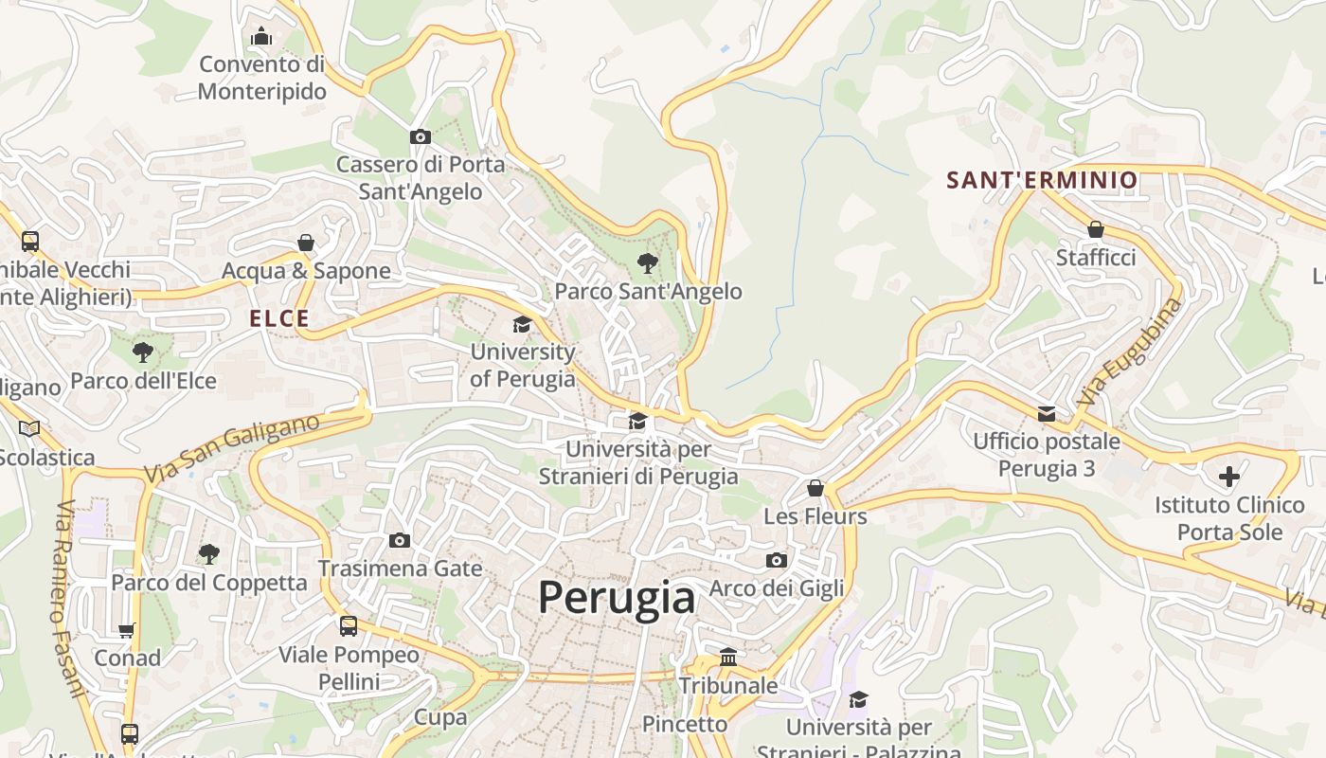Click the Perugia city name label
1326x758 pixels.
tap(617, 598)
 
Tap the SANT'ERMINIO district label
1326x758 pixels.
tap(1042, 180)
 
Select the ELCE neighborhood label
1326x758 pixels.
tap(279, 318)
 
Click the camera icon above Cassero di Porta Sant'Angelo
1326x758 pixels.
tap(421, 137)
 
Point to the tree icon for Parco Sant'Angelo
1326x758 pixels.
tap(648, 262)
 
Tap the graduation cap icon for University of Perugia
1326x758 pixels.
tap(522, 324)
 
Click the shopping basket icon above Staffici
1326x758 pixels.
tap(1096, 229)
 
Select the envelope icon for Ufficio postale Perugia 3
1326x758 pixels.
tap(1047, 413)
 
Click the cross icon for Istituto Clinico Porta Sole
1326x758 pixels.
tap(1229, 476)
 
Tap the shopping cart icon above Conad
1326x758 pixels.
tap(127, 630)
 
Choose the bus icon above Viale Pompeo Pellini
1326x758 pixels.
tap(349, 625)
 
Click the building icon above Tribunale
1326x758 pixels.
tap(728, 657)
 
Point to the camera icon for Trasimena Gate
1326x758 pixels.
tap(400, 540)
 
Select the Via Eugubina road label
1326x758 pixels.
tap(1130, 352)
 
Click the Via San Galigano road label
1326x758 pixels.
tap(232, 449)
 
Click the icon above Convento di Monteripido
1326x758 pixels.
tap(261, 37)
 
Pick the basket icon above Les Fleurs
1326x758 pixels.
tap(815, 488)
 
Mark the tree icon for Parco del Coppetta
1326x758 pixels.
tap(209, 553)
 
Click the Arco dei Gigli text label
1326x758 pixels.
tap(777, 588)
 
